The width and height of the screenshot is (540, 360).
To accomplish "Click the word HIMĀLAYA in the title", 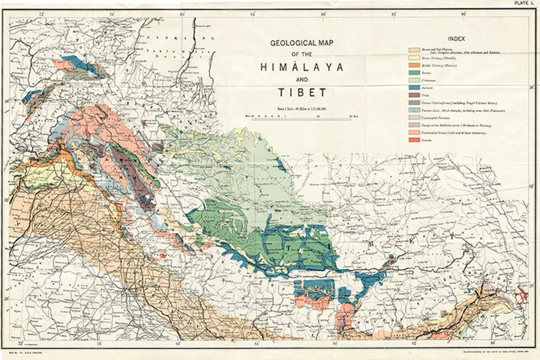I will pos(301,67).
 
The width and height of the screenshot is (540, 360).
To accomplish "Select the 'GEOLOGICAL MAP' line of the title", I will pos(301,43).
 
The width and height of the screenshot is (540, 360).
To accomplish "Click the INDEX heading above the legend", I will pos(456,38).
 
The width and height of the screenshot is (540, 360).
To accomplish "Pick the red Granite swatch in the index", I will pos(414,139).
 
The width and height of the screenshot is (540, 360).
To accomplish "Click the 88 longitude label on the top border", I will pos(324,14).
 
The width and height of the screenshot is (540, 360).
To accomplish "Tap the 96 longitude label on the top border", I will pos(464,14).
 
